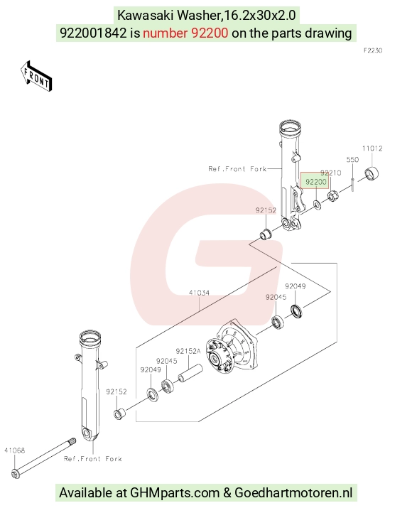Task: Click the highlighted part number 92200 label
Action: click(x=315, y=182)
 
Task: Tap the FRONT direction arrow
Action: click(x=36, y=76)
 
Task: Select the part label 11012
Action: click(x=372, y=148)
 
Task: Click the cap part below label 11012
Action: click(x=372, y=173)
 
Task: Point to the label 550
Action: click(x=352, y=159)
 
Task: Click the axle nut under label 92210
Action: click(x=333, y=195)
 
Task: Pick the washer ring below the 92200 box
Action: click(x=317, y=205)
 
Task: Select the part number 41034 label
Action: click(x=199, y=293)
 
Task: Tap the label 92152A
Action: click(x=188, y=351)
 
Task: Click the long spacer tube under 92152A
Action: click(x=190, y=373)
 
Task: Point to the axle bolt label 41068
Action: click(x=15, y=450)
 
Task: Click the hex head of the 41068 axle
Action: click(x=16, y=473)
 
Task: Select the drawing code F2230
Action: click(x=373, y=50)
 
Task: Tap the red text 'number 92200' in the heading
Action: click(x=185, y=33)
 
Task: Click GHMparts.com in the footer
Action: click(x=175, y=493)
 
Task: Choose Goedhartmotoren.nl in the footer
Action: click(x=293, y=493)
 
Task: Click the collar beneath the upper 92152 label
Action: click(x=266, y=234)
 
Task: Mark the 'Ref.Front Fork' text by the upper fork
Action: click(x=237, y=169)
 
